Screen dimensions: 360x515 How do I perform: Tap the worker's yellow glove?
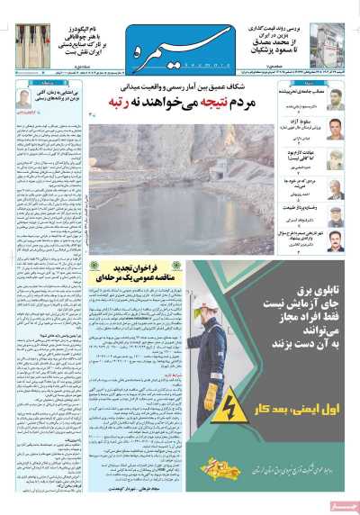pyautogui.click(x=211, y=394)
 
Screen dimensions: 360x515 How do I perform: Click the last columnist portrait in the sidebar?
pyautogui.click(x=336, y=240)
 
